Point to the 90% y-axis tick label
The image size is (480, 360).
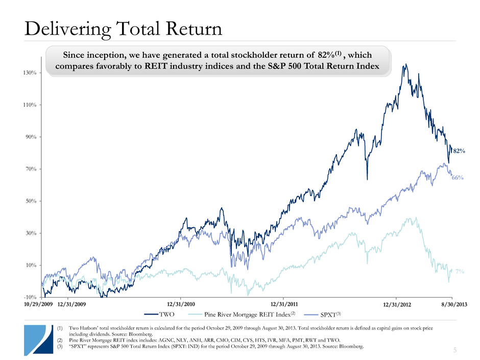click(x=30, y=137)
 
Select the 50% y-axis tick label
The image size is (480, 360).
click(x=30, y=201)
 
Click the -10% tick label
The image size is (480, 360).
click(x=29, y=297)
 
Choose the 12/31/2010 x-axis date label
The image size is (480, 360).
click(x=182, y=305)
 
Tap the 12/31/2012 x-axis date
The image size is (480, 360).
click(x=397, y=305)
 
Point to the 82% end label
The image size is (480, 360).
click(x=458, y=151)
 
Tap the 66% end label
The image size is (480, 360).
click(x=457, y=178)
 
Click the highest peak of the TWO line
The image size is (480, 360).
click(x=405, y=64)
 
